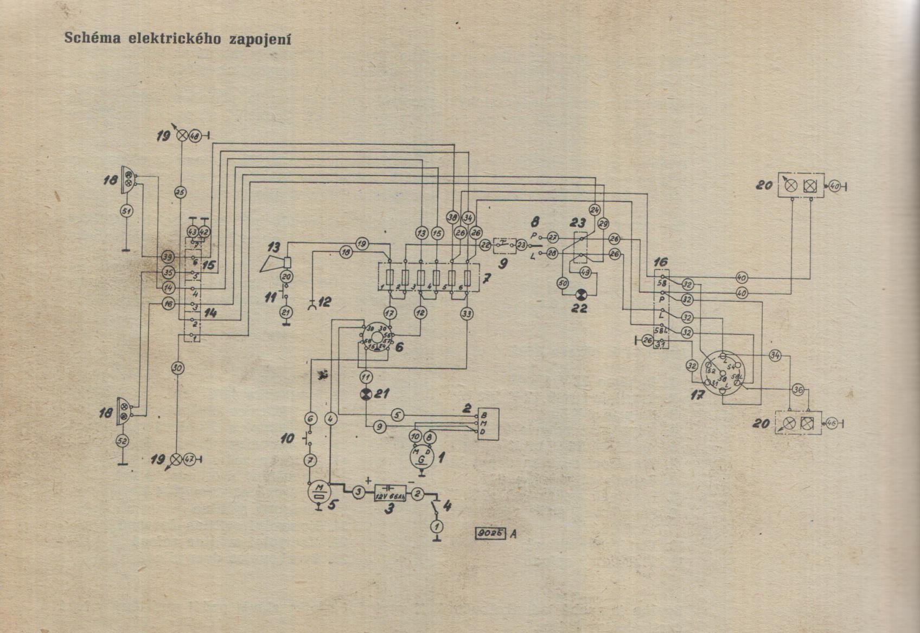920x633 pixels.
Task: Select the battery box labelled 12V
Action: click(391, 494)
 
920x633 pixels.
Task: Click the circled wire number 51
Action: click(126, 211)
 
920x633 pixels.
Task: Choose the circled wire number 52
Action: click(123, 441)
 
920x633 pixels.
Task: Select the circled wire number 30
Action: click(178, 368)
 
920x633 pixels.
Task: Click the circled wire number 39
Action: click(167, 256)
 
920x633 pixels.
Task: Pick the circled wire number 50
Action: click(563, 282)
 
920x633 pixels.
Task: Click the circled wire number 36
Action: click(797, 389)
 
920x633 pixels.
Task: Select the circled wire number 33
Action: click(467, 313)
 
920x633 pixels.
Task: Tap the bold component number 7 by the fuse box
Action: click(487, 280)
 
